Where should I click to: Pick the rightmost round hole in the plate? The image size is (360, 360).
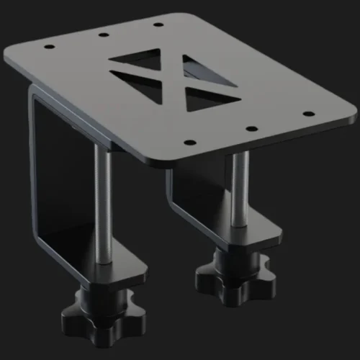[309, 113]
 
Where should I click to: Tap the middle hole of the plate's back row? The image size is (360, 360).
[103, 34]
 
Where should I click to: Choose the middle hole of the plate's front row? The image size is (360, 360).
[251, 128]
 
